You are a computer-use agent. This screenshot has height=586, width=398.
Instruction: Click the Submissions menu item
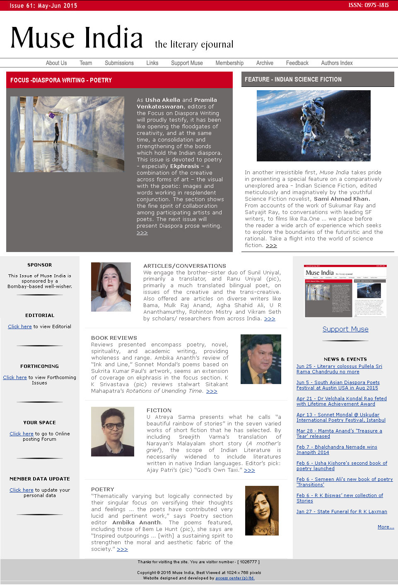[x=119, y=63]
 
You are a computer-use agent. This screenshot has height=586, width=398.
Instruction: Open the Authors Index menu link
[x=337, y=63]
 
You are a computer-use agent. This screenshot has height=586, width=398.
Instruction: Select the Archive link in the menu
[x=265, y=63]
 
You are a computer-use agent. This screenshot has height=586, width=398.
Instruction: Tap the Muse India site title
[x=77, y=38]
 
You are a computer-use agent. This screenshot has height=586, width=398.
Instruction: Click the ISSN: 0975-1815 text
[x=368, y=5]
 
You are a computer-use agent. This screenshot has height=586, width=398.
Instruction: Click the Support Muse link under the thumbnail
[x=345, y=329]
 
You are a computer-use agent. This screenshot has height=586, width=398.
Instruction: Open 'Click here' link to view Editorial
[x=20, y=327]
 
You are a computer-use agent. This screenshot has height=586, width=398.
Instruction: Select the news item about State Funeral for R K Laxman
[x=342, y=512]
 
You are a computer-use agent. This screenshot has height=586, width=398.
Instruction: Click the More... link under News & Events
[x=386, y=527]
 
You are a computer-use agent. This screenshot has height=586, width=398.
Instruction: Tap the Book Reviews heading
[x=114, y=338]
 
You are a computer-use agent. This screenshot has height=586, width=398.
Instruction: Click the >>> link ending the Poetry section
[x=122, y=549]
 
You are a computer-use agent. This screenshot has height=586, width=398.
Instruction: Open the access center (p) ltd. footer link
[x=235, y=578]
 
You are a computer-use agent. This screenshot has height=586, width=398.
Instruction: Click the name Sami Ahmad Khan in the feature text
[x=341, y=199]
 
